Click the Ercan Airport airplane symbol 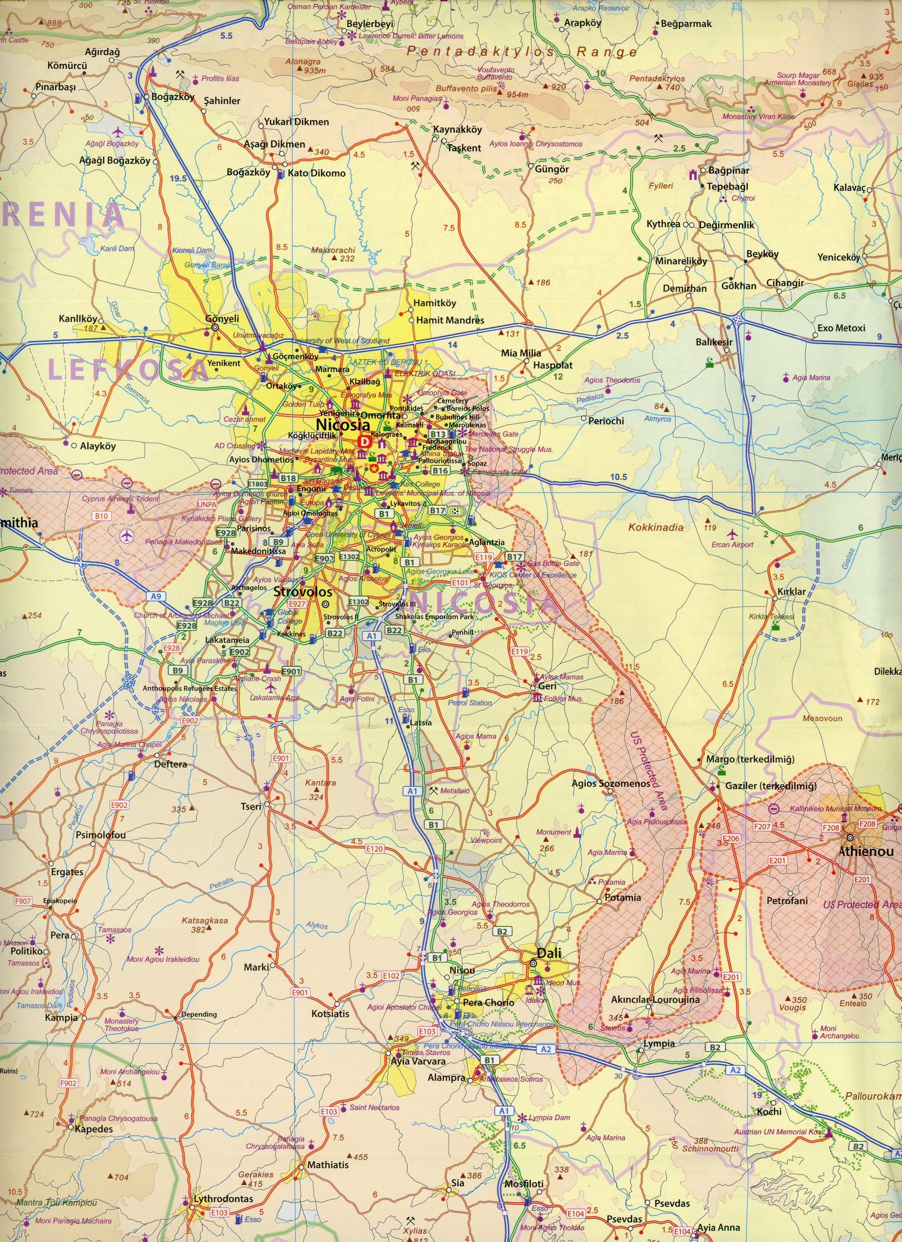pyautogui.click(x=733, y=534)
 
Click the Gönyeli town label pyautogui.click(x=222, y=318)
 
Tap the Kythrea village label pyautogui.click(x=663, y=224)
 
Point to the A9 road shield pyautogui.click(x=156, y=596)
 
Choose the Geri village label pyautogui.click(x=547, y=686)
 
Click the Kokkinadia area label pyautogui.click(x=656, y=527)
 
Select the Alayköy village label pyautogui.click(x=98, y=446)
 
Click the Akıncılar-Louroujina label pyautogui.click(x=655, y=999)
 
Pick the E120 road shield pyautogui.click(x=375, y=849)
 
